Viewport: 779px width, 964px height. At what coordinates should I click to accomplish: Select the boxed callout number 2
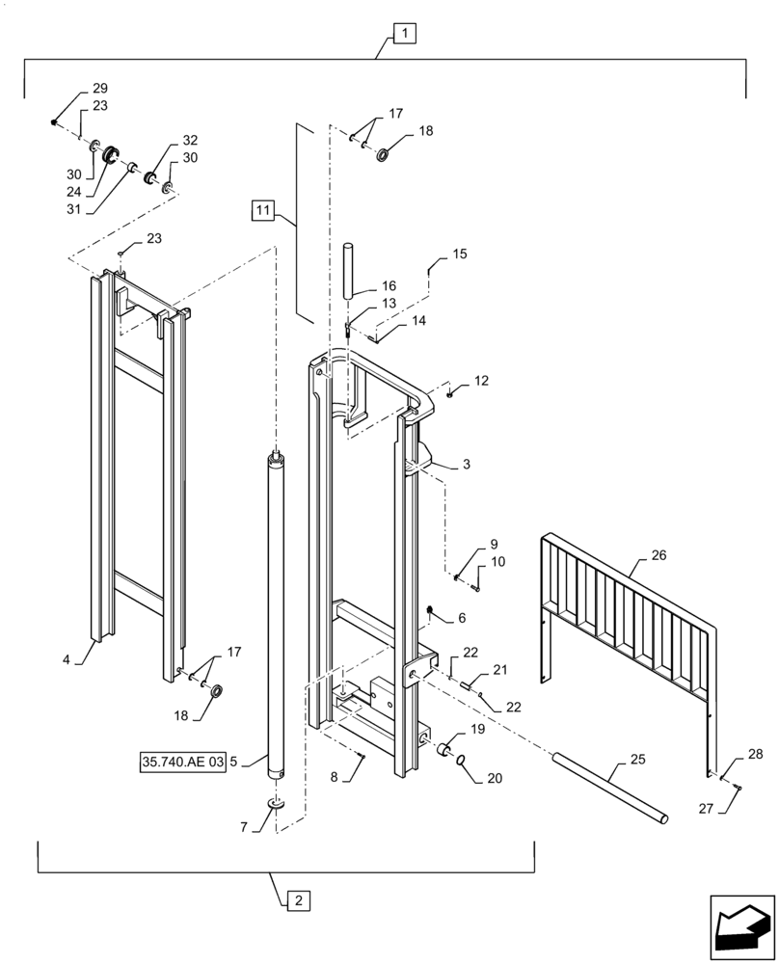coord(298,900)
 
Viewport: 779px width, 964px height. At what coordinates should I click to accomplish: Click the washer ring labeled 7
coord(276,803)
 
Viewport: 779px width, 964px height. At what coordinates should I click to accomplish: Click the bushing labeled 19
coord(445,749)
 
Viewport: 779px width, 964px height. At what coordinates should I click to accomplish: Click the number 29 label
coord(99,88)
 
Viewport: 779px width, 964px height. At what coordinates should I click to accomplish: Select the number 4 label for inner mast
coord(67,660)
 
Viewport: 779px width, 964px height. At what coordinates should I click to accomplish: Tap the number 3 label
coord(466,465)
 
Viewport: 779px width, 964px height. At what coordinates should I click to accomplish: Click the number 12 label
coord(481,381)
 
